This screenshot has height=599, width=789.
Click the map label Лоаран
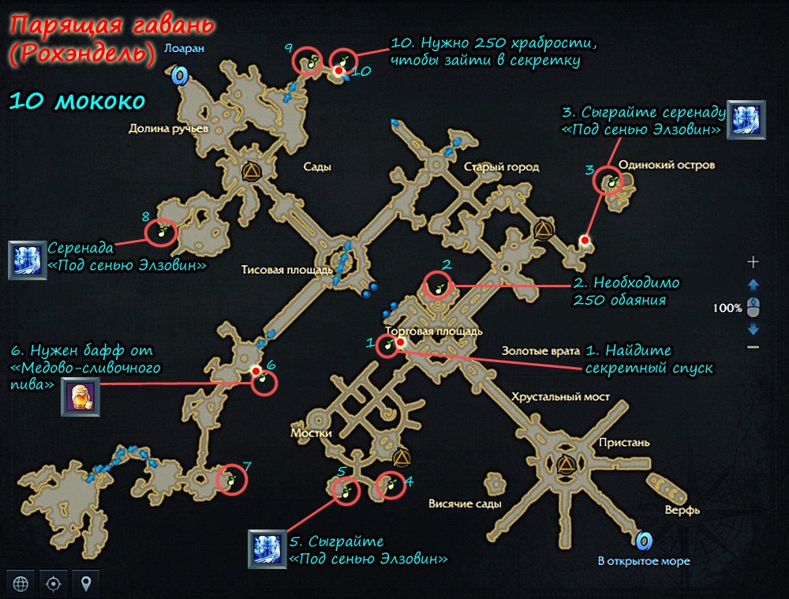(x=184, y=48)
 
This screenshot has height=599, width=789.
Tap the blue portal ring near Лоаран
(x=178, y=76)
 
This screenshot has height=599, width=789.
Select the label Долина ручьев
(x=169, y=129)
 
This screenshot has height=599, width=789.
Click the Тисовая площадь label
(x=287, y=270)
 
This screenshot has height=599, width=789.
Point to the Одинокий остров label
(x=666, y=165)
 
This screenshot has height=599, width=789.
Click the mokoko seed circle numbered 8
(x=161, y=233)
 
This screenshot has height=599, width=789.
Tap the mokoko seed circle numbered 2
(x=437, y=286)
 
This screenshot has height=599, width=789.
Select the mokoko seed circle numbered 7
(x=231, y=479)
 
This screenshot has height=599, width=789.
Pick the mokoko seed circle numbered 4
(x=391, y=485)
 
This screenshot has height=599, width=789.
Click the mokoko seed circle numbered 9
(x=308, y=61)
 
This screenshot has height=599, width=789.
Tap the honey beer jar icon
(x=80, y=397)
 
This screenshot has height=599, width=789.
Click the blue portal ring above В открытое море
(x=644, y=541)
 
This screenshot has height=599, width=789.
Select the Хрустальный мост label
(x=560, y=397)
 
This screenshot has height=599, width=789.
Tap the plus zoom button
(x=753, y=262)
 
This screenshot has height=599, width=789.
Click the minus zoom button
(x=753, y=346)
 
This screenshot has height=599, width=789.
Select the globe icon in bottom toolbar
(x=21, y=583)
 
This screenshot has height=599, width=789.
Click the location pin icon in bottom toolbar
(x=86, y=583)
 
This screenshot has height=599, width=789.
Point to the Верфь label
(x=682, y=510)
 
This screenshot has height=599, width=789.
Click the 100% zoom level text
(x=727, y=308)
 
